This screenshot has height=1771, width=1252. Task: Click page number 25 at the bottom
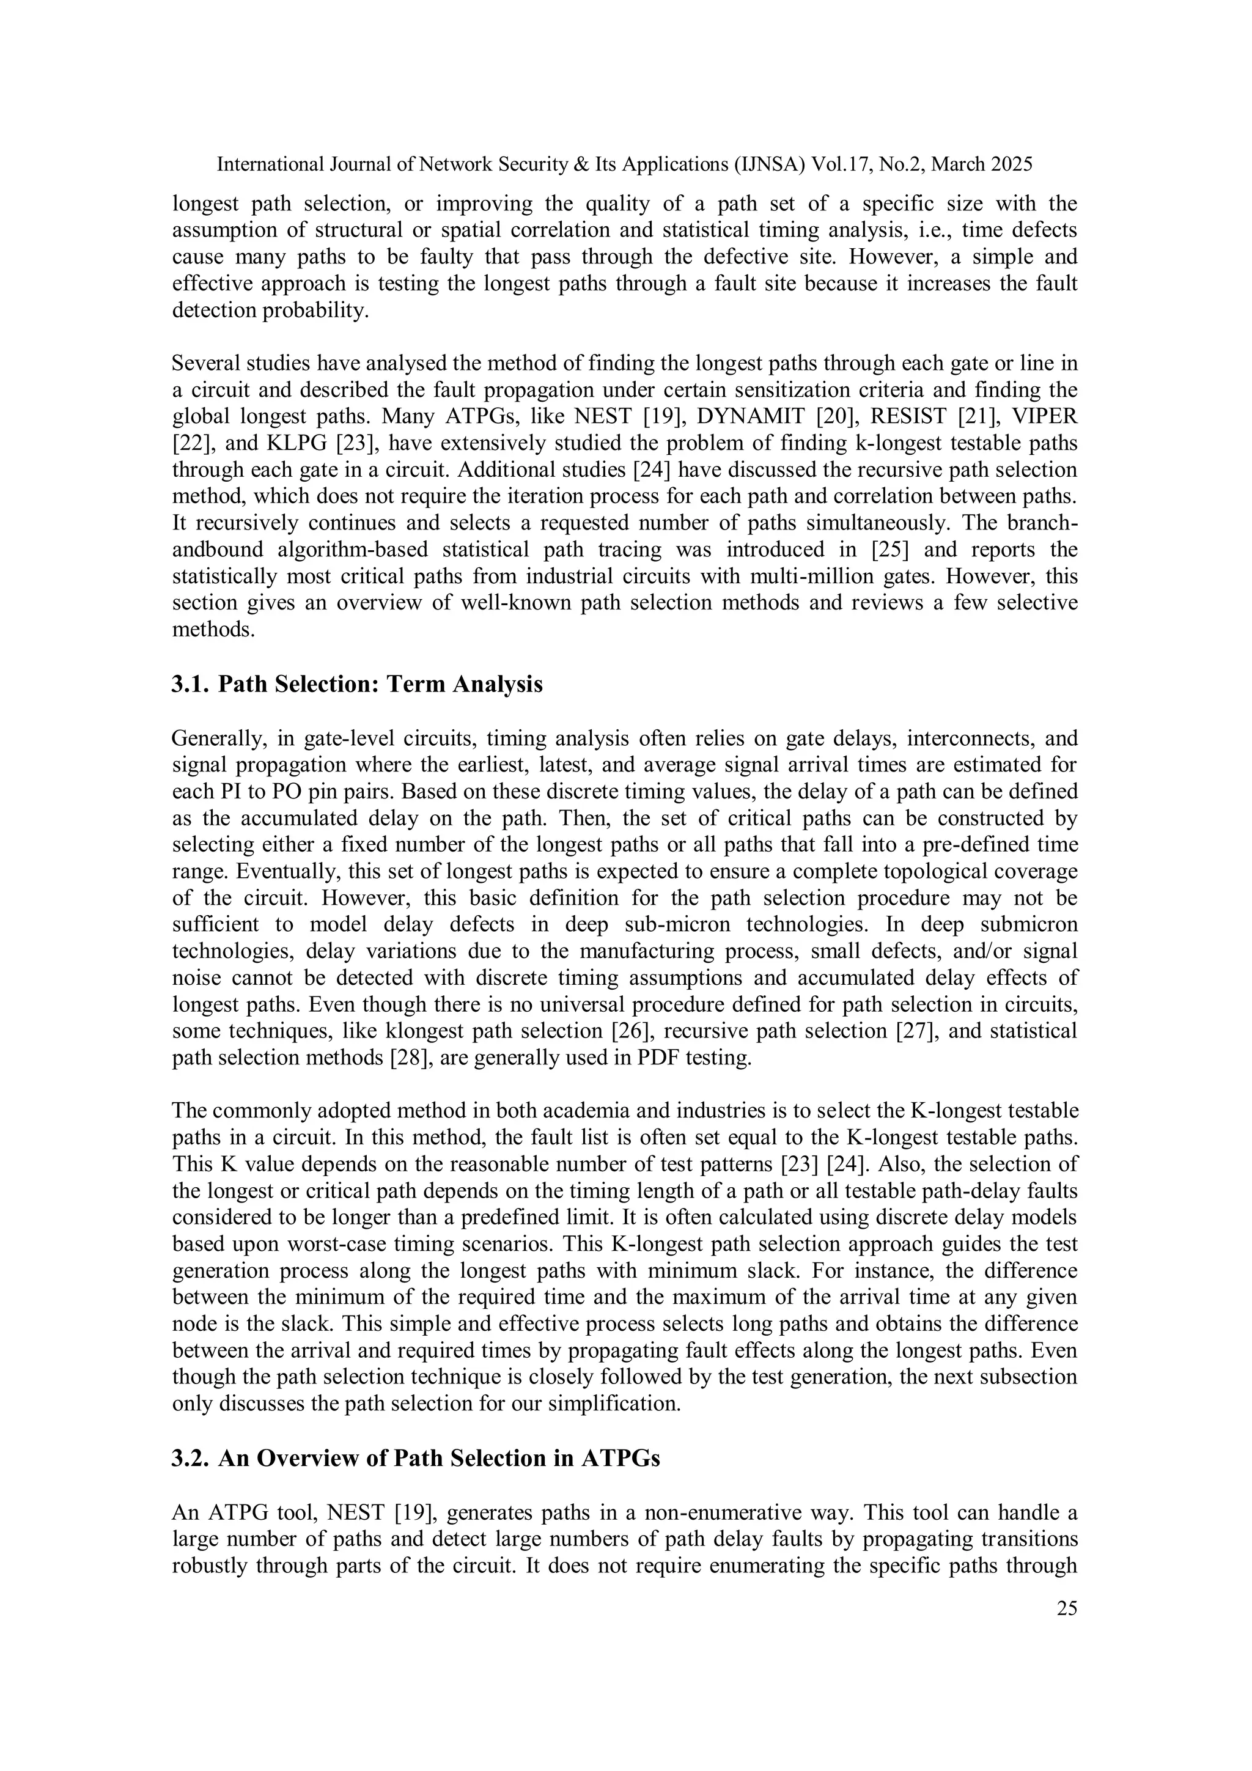1067,1608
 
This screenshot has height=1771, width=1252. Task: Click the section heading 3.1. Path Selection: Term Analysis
357,683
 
